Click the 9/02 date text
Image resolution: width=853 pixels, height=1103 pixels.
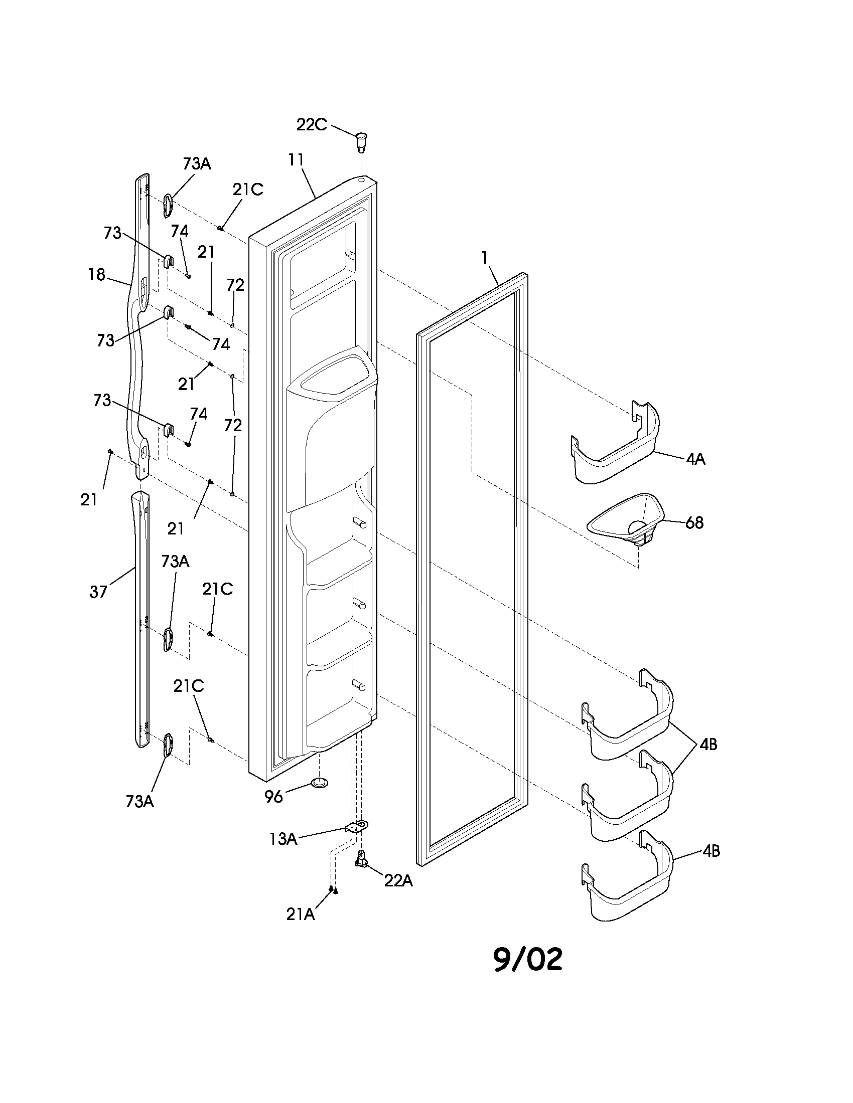coord(527,959)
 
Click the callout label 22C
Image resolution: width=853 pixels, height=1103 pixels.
coord(311,124)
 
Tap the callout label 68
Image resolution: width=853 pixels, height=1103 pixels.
coord(694,522)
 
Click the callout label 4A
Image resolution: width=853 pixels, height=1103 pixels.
coord(695,459)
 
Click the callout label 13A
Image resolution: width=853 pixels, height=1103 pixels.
coord(282,839)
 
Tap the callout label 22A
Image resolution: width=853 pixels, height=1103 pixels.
coord(398,880)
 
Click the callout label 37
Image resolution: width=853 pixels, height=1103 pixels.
coord(98,592)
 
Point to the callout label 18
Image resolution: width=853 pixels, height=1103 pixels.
coord(96,275)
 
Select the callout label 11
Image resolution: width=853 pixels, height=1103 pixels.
coord(296,160)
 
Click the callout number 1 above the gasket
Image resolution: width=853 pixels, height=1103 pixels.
coord(485,258)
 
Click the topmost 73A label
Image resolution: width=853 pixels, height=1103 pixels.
coord(197,163)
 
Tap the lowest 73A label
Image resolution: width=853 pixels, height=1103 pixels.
coord(139,802)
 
